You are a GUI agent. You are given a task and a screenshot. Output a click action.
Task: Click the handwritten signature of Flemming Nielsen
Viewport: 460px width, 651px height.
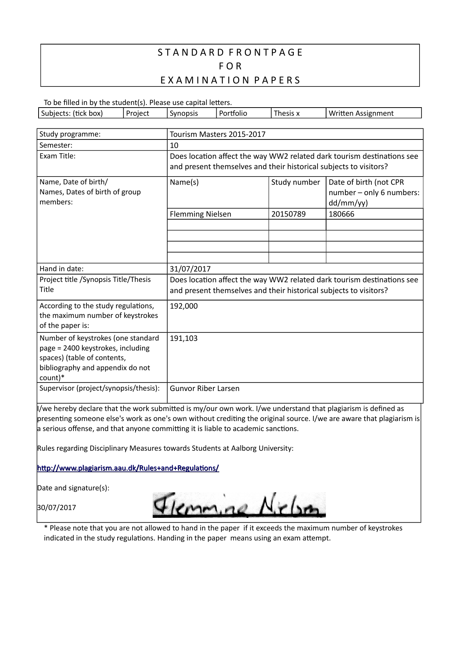pos(239,505)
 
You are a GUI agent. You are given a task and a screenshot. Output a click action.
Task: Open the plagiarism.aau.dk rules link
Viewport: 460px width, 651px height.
pos(128,468)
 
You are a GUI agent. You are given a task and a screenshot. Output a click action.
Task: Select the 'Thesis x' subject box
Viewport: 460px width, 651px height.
pos(286,114)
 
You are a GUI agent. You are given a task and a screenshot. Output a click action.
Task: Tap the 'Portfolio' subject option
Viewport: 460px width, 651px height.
pos(233,114)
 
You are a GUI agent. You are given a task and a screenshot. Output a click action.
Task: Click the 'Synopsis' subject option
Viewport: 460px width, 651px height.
pos(184,114)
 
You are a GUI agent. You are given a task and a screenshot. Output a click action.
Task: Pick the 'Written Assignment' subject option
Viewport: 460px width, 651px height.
pos(361,114)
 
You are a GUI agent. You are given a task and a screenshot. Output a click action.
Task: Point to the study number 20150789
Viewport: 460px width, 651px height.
pos(288,214)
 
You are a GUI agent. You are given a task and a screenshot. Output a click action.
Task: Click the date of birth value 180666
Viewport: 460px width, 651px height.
pos(341,214)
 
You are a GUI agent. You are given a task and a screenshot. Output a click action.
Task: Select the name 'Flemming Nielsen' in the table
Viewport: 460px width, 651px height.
pos(200,214)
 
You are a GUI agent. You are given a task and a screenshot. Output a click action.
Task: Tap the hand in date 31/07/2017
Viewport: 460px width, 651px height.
pos(190,269)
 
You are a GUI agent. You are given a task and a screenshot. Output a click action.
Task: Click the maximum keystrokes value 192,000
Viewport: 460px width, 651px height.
pos(184,306)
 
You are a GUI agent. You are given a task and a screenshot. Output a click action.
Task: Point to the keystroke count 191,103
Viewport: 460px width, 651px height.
pos(184,338)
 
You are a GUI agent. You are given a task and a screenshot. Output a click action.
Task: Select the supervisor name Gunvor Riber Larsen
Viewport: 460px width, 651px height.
pos(204,388)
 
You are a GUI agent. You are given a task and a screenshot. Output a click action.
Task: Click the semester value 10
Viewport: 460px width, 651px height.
pos(174,145)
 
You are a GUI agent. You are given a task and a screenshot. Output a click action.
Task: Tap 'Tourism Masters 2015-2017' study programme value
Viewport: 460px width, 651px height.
pos(217,134)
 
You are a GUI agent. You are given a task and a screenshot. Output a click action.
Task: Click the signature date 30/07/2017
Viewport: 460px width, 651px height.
pos(56,507)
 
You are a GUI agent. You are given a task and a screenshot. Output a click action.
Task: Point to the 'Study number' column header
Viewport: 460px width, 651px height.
pos(295,182)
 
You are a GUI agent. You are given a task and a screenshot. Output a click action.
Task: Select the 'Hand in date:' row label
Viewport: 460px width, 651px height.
pos(62,269)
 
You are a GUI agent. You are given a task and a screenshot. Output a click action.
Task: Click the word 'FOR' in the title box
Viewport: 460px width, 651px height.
pos(230,66)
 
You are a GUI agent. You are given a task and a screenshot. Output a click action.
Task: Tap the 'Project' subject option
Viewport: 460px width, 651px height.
pos(138,114)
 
